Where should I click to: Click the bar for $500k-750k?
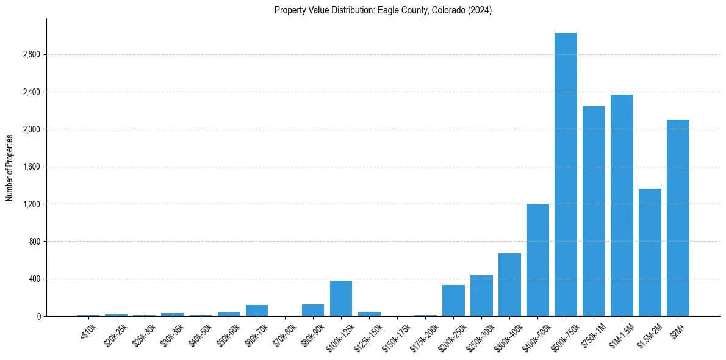(566, 175)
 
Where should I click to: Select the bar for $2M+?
(678, 218)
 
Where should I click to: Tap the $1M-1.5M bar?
(622, 205)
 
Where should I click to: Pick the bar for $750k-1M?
(594, 211)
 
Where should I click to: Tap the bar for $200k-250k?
(453, 300)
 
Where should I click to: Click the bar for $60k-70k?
(257, 311)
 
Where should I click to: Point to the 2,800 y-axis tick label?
(31, 55)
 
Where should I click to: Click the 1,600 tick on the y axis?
(31, 167)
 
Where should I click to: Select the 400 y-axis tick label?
(34, 279)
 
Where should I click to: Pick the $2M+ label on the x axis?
(677, 329)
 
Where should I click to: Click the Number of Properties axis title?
(9, 167)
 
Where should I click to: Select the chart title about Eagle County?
(383, 10)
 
